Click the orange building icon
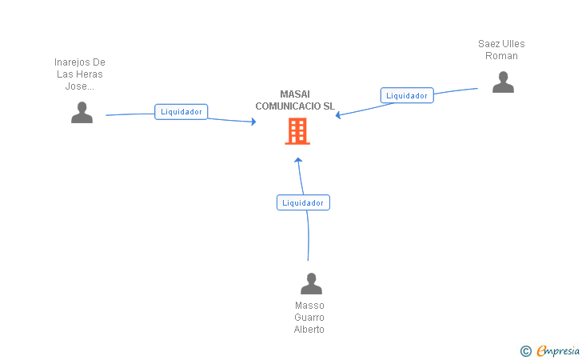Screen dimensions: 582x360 pos(297,131)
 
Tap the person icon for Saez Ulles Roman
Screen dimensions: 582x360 pos(503,82)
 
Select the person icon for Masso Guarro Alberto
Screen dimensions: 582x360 pos(311,283)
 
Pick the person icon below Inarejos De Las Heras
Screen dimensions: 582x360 pos(82,112)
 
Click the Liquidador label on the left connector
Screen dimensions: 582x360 pos(181,112)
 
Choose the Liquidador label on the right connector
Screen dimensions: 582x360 pos(407,95)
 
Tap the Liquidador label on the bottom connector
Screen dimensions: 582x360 pos(303,203)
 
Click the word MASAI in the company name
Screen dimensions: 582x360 pos(295,94)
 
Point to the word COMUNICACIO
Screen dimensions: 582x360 pos(289,106)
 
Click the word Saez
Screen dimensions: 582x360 pos(488,44)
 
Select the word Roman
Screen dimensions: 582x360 pos(501,56)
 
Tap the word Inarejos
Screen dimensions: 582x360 pos(73,62)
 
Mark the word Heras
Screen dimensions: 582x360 pos(90,74)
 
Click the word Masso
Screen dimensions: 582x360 pos(309,306)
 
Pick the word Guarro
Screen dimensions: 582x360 pos(309,318)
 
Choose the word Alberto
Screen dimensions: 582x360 pos(309,329)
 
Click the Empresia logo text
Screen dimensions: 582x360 pos(558,350)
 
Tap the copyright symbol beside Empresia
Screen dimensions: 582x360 pos(525,351)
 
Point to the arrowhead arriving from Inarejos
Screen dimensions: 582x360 pos(253,122)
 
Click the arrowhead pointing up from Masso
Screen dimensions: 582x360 pos(298,160)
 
